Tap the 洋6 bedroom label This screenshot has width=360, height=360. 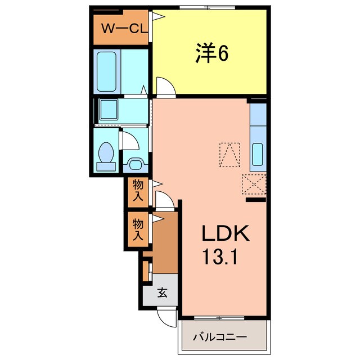click(212, 54)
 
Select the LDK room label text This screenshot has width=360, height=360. click(222, 233)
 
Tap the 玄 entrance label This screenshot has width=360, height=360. click(160, 292)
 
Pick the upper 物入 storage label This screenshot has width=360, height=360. click(138, 190)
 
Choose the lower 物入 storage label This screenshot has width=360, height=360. click(138, 229)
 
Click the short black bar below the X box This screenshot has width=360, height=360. click(256, 199)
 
